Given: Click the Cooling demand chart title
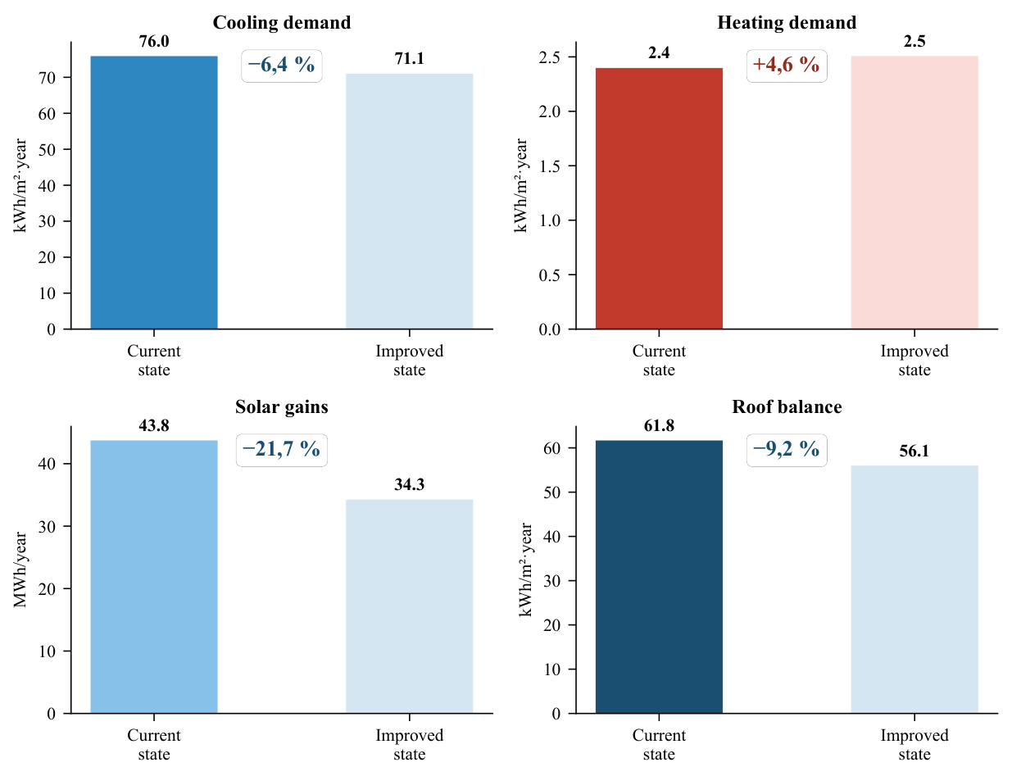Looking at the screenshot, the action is [x=281, y=22].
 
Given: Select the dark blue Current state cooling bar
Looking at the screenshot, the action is [x=153, y=193].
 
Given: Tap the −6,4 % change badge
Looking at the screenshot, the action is [x=281, y=66].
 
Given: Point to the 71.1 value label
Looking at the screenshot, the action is [x=409, y=58].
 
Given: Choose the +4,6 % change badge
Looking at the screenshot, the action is [x=786, y=66].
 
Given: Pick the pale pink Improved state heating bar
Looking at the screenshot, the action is [x=914, y=193].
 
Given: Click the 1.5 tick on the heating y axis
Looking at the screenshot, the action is [x=549, y=166].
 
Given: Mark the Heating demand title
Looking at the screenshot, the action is [x=786, y=22].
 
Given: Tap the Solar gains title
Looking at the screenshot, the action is [x=281, y=406].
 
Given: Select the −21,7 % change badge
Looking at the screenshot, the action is [x=281, y=450].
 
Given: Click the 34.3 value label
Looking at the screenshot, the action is [x=409, y=484].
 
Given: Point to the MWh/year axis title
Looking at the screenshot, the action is [x=20, y=570].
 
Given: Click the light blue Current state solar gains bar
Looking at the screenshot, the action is [x=153, y=576].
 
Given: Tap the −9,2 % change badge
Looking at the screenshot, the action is [x=786, y=450].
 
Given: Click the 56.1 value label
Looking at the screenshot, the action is [x=914, y=451].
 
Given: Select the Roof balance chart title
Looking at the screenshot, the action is [x=786, y=406].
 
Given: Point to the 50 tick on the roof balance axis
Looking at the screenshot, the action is [x=551, y=492].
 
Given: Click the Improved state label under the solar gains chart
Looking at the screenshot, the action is [x=409, y=744].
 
